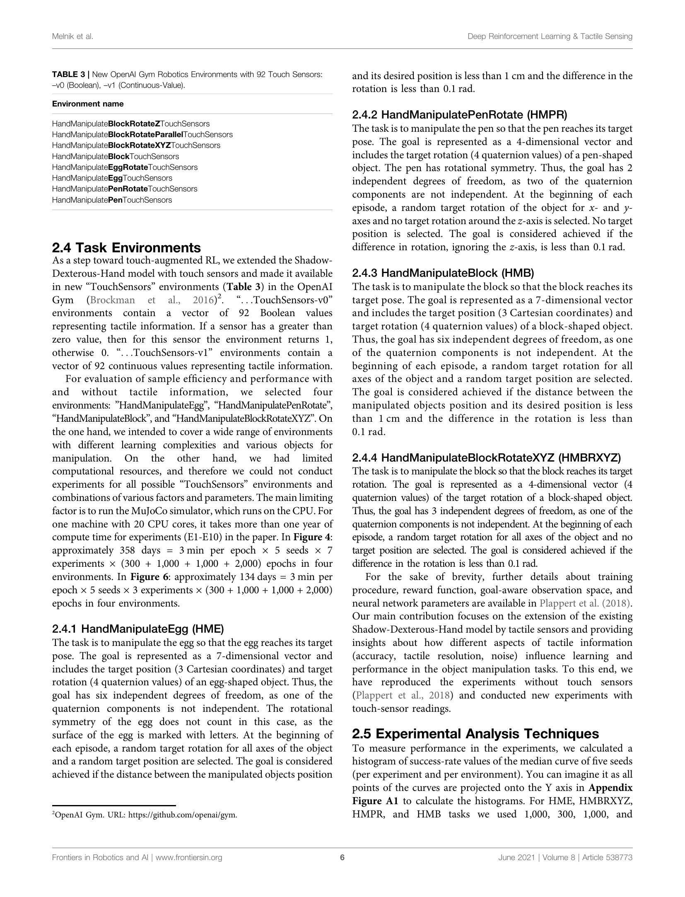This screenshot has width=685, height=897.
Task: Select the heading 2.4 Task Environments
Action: (126, 248)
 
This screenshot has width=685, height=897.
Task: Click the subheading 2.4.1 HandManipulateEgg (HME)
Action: (138, 629)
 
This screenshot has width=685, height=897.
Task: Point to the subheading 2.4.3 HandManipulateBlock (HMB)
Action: (443, 273)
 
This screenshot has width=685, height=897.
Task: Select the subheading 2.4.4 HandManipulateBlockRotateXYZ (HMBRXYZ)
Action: (487, 458)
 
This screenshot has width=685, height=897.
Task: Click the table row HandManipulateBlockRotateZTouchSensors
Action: (131, 124)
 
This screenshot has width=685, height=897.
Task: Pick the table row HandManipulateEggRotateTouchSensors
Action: (125, 167)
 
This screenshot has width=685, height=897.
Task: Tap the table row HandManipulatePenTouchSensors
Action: (112, 200)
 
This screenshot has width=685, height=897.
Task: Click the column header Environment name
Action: (88, 104)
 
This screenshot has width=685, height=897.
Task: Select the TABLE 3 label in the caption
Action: (69, 75)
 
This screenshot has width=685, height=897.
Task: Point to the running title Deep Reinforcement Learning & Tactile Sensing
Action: (550, 36)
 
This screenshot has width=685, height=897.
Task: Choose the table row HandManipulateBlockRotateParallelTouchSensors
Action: (142, 135)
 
